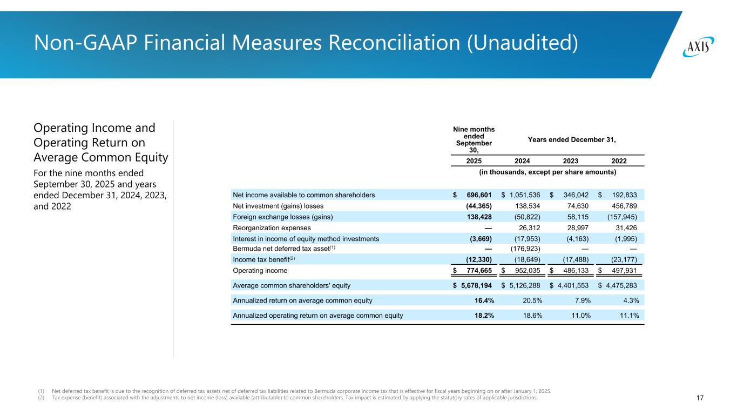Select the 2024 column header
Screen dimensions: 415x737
522,160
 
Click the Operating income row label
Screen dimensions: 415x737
260,271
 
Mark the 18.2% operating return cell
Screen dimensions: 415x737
481,316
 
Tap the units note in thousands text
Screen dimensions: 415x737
546,172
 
